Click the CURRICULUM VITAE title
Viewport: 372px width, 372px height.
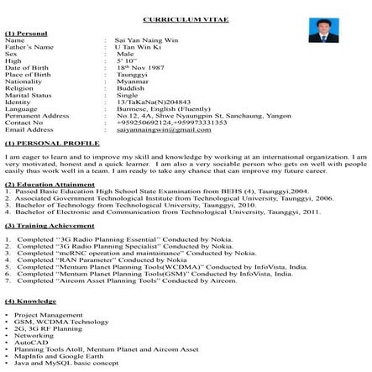(x=186, y=17)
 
